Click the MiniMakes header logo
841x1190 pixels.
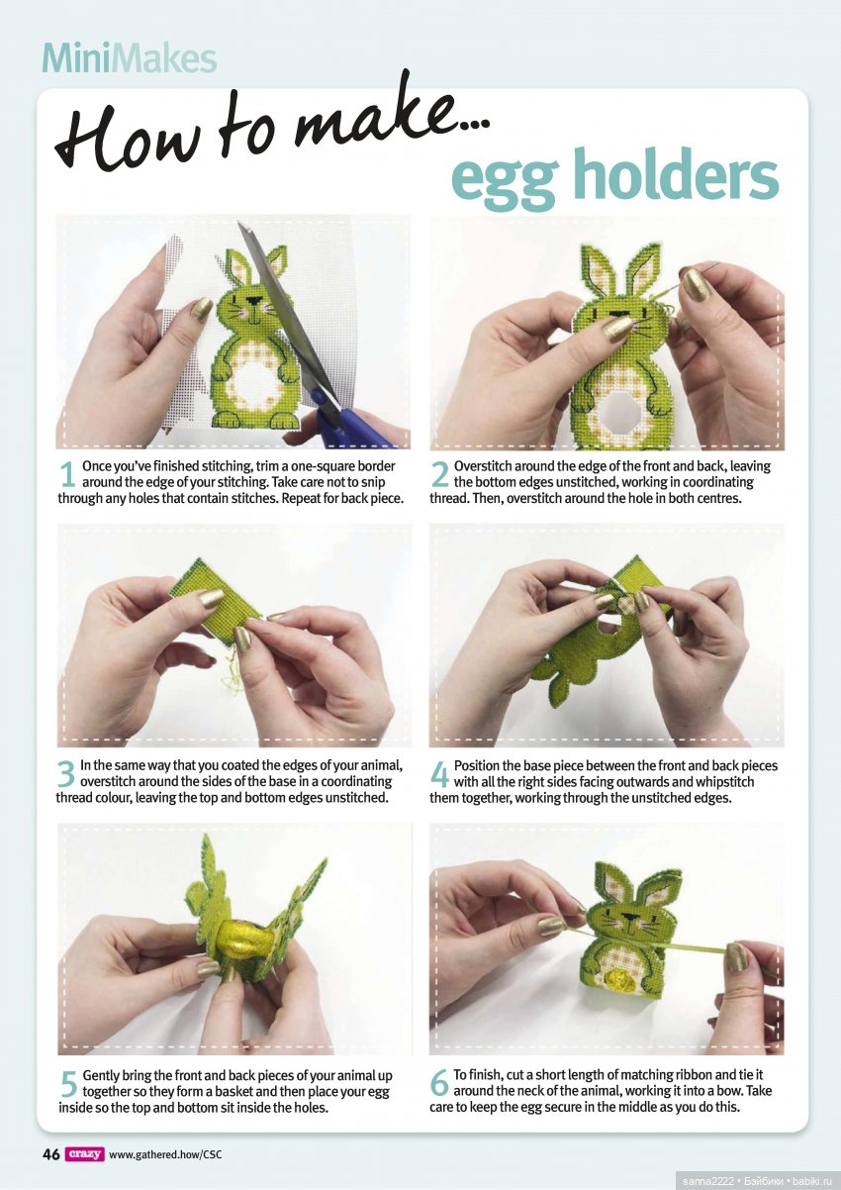click(x=130, y=59)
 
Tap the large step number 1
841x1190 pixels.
click(x=67, y=474)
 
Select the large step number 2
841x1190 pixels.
click(x=439, y=474)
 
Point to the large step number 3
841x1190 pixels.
click(x=66, y=774)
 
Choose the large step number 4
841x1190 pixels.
click(x=439, y=774)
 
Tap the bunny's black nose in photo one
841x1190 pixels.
click(x=255, y=301)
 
